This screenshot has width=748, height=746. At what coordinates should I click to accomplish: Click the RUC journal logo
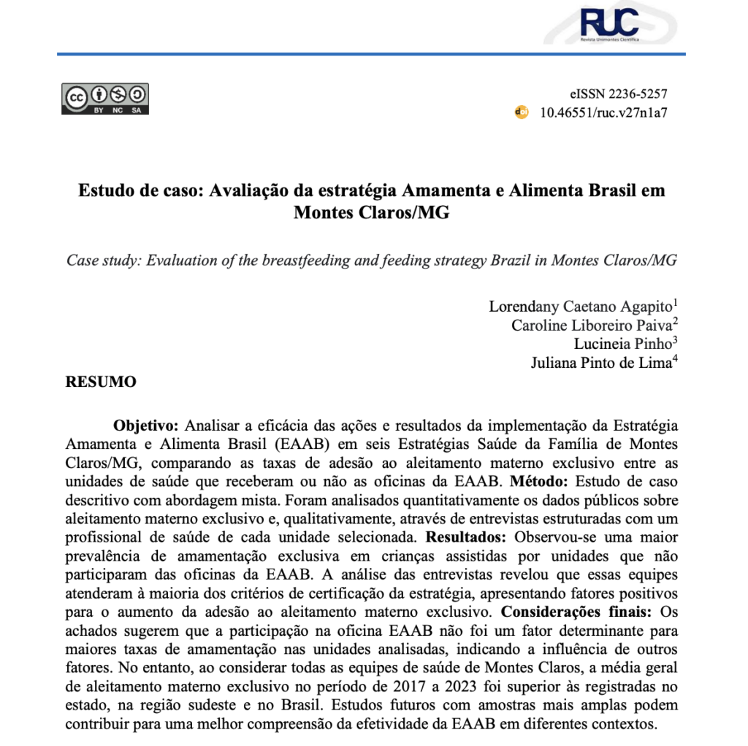point(608,23)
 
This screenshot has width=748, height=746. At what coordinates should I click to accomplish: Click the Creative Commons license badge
point(105,99)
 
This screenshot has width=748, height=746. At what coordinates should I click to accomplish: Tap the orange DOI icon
point(522,112)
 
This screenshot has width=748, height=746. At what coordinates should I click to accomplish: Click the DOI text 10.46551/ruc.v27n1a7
point(603,112)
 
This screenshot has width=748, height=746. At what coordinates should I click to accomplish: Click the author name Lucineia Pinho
point(616,344)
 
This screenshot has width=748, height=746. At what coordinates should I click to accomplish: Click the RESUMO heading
point(101,382)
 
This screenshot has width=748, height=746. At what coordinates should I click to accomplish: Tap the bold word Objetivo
point(145,425)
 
